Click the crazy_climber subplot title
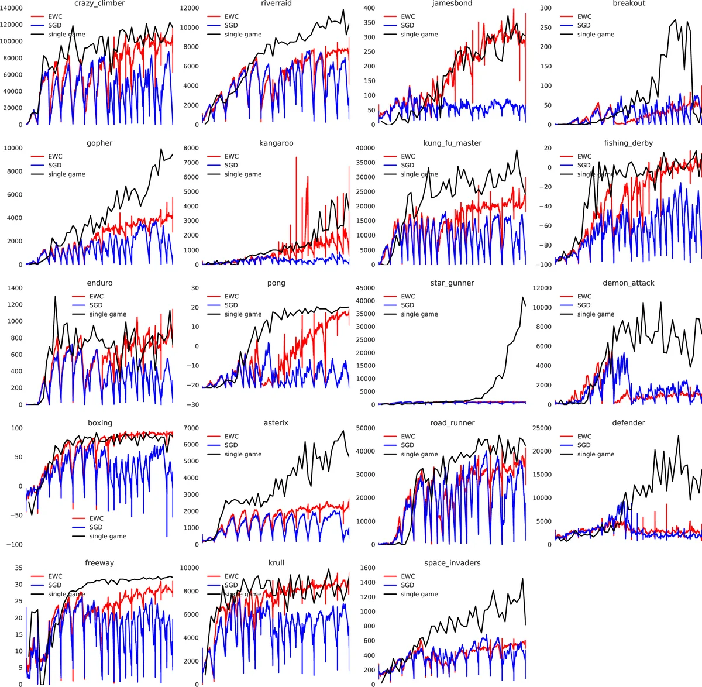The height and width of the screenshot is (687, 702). click(x=99, y=4)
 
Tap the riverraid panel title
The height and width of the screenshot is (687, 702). click(x=276, y=4)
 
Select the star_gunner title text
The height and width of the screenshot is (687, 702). click(x=452, y=283)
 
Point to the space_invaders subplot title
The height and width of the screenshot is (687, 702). click(x=452, y=563)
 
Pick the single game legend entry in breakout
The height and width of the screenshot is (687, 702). click(x=596, y=35)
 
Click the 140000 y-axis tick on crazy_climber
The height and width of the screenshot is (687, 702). click(x=12, y=9)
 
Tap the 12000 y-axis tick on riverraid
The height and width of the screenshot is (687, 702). click(x=189, y=9)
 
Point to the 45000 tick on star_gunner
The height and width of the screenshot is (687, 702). click(x=366, y=288)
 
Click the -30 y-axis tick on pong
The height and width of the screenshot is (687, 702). click(x=192, y=405)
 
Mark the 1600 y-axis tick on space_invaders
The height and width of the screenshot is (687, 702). click(x=367, y=568)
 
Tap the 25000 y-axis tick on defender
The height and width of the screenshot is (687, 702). click(x=542, y=428)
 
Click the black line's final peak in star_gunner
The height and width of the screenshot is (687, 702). click(x=522, y=297)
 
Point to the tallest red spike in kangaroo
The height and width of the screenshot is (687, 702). click(x=296, y=158)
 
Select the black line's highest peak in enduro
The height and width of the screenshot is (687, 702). click(x=56, y=297)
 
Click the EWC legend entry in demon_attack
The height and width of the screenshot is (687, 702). click(x=584, y=296)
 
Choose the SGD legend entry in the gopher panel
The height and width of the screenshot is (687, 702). click(x=54, y=165)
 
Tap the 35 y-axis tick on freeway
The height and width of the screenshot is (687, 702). click(x=19, y=568)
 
